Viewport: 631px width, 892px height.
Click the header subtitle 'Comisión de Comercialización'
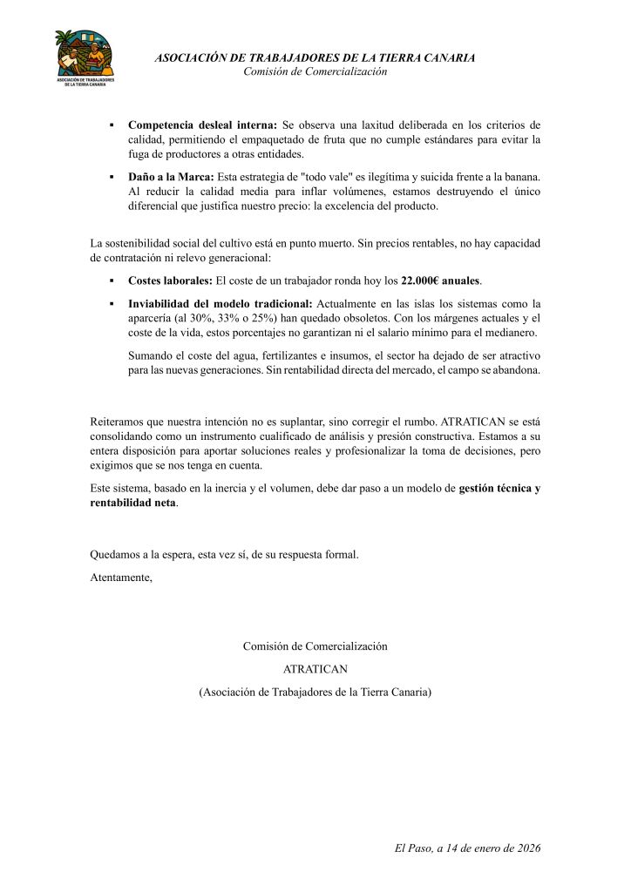[315, 71]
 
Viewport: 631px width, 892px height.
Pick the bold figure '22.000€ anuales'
[440, 281]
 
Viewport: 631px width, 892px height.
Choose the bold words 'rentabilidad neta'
[132, 503]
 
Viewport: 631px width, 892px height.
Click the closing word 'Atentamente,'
[121, 576]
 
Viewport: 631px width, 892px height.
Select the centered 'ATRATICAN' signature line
[315, 669]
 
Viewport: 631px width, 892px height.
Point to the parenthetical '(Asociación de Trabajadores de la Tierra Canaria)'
[315, 692]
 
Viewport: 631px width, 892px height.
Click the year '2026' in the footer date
[526, 847]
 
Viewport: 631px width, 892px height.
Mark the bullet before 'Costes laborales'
[112, 282]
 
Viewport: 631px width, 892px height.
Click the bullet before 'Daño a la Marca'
[112, 177]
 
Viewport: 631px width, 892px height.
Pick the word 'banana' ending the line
[521, 176]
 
